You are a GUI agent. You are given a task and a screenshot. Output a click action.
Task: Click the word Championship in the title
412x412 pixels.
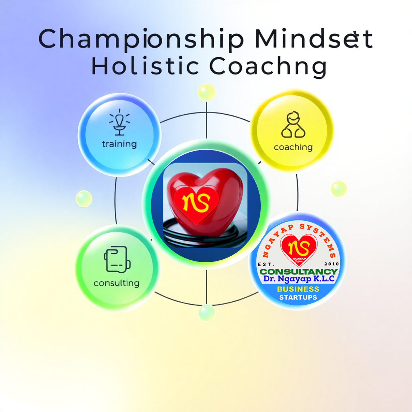pyautogui.click(x=141, y=39)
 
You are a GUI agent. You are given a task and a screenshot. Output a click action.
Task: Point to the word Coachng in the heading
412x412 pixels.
pyautogui.click(x=268, y=67)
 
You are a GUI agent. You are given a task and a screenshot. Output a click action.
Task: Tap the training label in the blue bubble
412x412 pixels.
pyautogui.click(x=119, y=144)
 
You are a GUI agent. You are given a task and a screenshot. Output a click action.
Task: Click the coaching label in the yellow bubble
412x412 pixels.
pyautogui.click(x=293, y=147)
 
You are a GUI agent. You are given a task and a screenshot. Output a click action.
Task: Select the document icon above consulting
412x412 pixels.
pyautogui.click(x=117, y=259)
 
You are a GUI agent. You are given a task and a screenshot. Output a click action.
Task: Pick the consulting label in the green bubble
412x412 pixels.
pyautogui.click(x=116, y=283)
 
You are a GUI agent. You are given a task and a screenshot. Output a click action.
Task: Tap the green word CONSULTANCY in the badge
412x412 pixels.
pyautogui.click(x=298, y=272)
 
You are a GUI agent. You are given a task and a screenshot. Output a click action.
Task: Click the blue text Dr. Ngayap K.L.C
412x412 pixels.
pyautogui.click(x=299, y=279)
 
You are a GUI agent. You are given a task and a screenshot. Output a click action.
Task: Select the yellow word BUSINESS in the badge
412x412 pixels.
pyautogui.click(x=298, y=289)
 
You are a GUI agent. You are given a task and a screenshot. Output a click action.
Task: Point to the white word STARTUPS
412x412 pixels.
pyautogui.click(x=298, y=297)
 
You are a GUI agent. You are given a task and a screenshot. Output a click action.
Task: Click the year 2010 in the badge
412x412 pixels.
pyautogui.click(x=332, y=264)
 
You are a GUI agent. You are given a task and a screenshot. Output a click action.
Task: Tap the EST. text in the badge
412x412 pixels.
pyautogui.click(x=266, y=264)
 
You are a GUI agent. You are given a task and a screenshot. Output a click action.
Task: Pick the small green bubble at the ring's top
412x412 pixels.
pyautogui.click(x=207, y=93)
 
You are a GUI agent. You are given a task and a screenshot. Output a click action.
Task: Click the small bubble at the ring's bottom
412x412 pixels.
pyautogui.click(x=207, y=312)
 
